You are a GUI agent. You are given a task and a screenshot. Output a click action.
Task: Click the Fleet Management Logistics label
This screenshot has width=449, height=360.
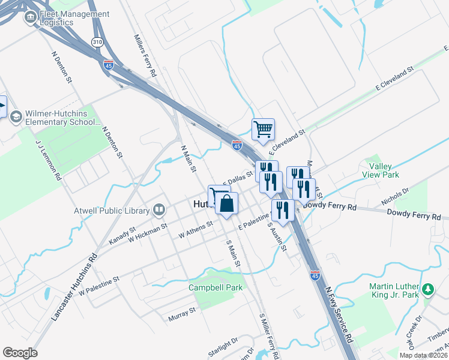[x=74, y=19]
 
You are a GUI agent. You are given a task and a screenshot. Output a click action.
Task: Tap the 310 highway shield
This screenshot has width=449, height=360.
[x=97, y=41]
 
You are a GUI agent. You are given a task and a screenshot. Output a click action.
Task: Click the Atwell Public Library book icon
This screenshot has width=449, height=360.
[x=159, y=209]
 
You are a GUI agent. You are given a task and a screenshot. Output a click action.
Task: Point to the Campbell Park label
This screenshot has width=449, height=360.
[x=215, y=287]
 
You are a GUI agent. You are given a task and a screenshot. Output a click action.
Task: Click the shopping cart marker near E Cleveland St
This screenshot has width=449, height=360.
[x=263, y=129]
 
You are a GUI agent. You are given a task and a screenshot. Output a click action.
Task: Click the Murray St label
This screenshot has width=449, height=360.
[x=182, y=313]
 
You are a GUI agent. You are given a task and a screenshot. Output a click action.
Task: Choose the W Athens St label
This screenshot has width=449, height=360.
[x=193, y=229]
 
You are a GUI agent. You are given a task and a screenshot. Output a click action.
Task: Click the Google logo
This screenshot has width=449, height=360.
[x=20, y=353]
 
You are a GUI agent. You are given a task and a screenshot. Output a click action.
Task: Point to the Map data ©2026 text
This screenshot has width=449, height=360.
[x=424, y=356]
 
